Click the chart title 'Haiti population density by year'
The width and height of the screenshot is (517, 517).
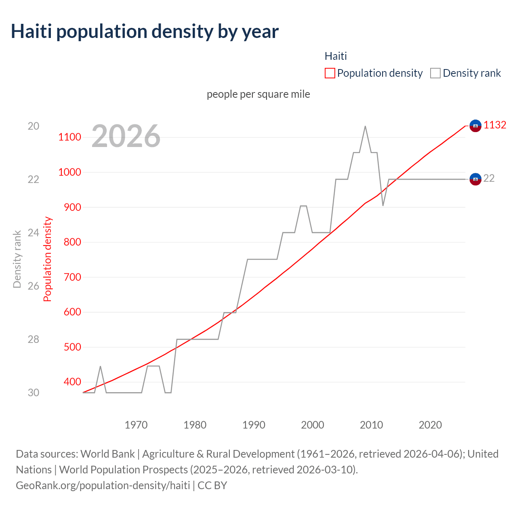[145, 32]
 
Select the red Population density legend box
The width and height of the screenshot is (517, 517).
[330, 73]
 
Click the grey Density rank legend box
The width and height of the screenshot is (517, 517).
[435, 73]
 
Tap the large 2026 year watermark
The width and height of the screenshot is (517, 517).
[126, 136]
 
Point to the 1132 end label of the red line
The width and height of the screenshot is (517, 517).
[495, 125]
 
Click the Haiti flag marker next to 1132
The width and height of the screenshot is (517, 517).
[475, 126]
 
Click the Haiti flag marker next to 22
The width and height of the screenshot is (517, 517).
[475, 179]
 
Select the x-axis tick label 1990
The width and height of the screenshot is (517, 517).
[254, 425]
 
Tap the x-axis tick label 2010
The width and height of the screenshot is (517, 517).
[371, 425]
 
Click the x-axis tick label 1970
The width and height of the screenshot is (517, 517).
[136, 425]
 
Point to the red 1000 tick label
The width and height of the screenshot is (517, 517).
[69, 172]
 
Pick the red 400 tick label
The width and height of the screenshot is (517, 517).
[72, 382]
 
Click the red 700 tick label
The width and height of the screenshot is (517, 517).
[72, 277]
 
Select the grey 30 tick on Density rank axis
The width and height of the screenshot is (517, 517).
[34, 393]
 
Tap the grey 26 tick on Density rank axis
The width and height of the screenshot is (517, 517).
[34, 286]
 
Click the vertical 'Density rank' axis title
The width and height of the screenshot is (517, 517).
[17, 259]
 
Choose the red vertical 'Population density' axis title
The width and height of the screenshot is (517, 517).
[48, 259]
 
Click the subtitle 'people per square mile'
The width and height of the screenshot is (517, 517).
[258, 94]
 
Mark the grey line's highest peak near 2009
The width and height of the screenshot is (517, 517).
[365, 126]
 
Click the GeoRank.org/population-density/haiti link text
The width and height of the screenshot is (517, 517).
[103, 485]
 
